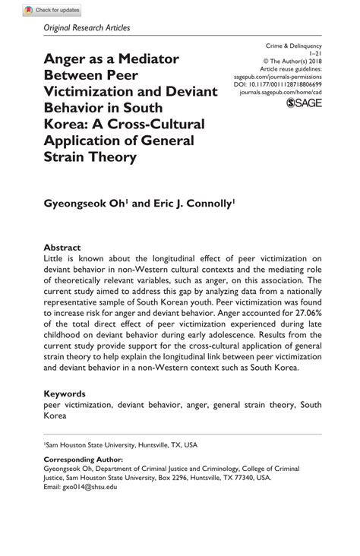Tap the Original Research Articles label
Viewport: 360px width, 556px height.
point(87,28)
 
